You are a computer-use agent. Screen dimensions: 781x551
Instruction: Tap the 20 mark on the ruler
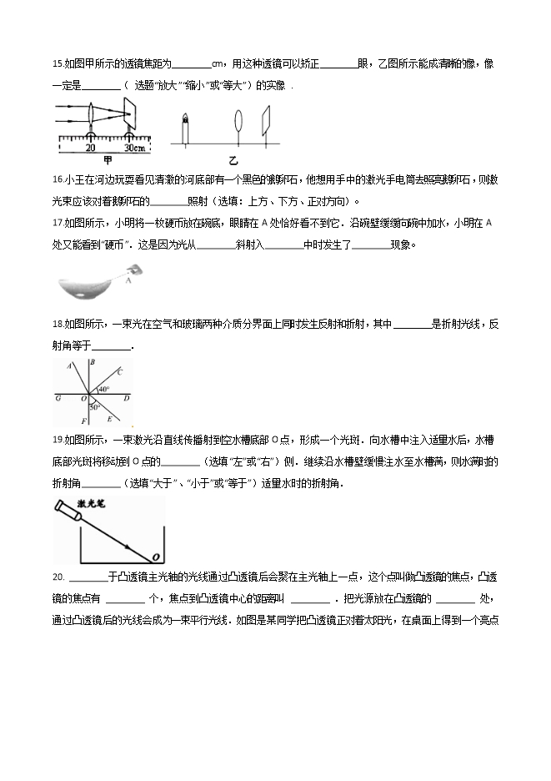90,148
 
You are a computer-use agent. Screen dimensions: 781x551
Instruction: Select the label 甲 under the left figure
108,159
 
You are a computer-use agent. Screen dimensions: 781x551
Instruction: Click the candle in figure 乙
184,128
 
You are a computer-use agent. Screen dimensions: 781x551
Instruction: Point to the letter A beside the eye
128,281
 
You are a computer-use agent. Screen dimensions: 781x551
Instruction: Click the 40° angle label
104,389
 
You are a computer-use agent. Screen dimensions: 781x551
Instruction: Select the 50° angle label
95,406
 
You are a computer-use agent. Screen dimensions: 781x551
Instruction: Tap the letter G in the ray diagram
58,399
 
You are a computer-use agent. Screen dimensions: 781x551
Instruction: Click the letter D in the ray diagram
126,399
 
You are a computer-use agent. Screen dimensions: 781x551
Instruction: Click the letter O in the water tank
154,557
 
